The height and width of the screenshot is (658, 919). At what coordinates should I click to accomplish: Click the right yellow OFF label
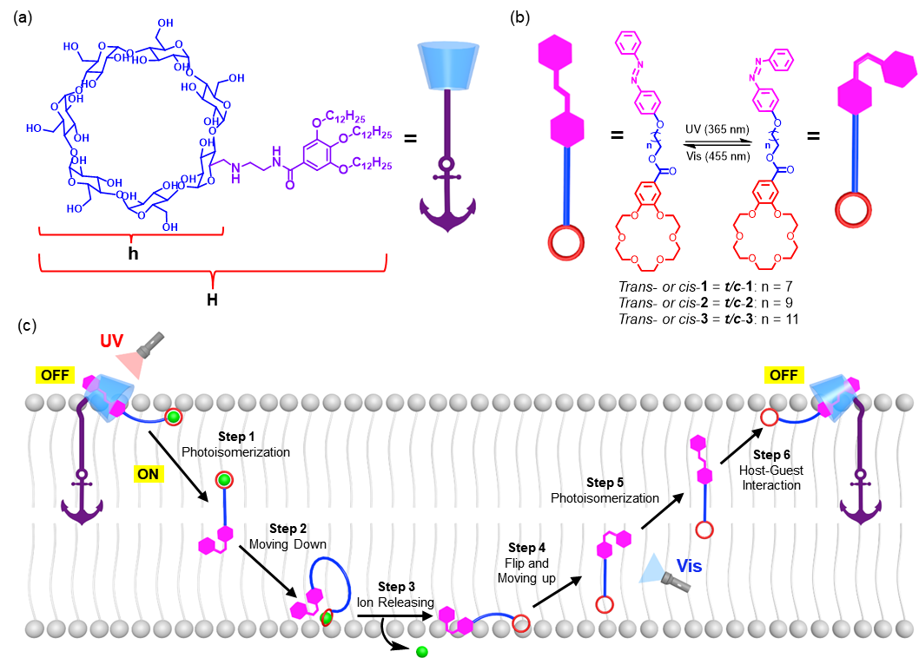coord(783,375)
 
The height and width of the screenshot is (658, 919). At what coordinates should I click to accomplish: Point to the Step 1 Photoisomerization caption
coord(235,445)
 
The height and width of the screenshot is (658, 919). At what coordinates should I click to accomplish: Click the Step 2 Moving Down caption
coord(288,536)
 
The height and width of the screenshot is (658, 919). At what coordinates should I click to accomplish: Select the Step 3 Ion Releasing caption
coord(395,595)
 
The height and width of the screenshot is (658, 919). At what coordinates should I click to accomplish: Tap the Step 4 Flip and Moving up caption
coord(526,563)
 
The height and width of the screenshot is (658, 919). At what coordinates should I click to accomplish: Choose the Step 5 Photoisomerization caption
coord(605,490)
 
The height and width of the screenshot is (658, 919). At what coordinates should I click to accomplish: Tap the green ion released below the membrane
coord(422,651)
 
